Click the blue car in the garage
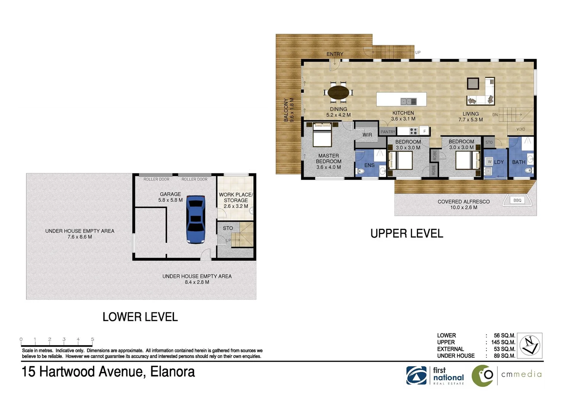coord(195,219)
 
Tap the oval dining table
coord(338,92)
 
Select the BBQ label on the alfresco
coord(517,200)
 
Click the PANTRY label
coord(388,132)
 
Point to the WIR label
coord(367,135)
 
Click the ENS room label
coord(369,165)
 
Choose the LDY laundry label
coord(499,162)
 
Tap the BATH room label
coord(519,162)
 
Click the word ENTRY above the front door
coord(335,54)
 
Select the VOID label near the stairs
coord(521,129)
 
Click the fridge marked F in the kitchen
coord(424,131)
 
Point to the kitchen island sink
coord(408,102)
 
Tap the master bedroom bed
coord(322,135)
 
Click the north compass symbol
coord(530,345)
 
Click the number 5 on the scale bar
coord(93,339)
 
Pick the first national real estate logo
coord(435,375)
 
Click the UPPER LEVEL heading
coord(407,234)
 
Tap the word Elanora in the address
coord(172,372)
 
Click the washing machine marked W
coord(489,162)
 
